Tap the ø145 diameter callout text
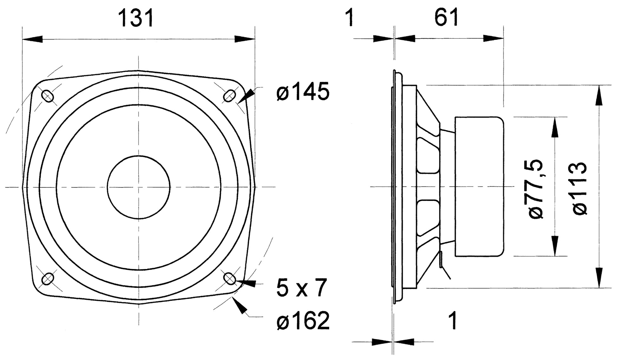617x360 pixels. click(x=303, y=92)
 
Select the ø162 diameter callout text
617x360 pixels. click(x=303, y=321)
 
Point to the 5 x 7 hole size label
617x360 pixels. click(x=301, y=287)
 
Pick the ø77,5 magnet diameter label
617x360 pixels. click(x=536, y=189)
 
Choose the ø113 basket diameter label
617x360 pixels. click(x=579, y=189)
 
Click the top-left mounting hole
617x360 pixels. click(x=48, y=96)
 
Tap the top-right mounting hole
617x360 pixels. click(x=230, y=96)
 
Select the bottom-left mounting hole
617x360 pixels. click(x=48, y=279)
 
